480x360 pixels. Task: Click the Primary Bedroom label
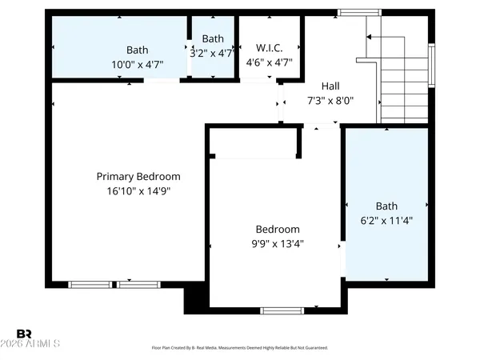(138, 177)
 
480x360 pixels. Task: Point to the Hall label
(331, 86)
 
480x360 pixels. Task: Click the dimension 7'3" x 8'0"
(331, 101)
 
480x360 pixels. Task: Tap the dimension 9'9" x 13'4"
(278, 243)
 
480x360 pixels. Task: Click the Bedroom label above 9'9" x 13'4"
(278, 229)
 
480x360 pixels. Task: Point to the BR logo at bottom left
(25, 333)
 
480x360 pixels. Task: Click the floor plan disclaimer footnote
(239, 348)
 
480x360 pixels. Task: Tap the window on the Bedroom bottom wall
(282, 310)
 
